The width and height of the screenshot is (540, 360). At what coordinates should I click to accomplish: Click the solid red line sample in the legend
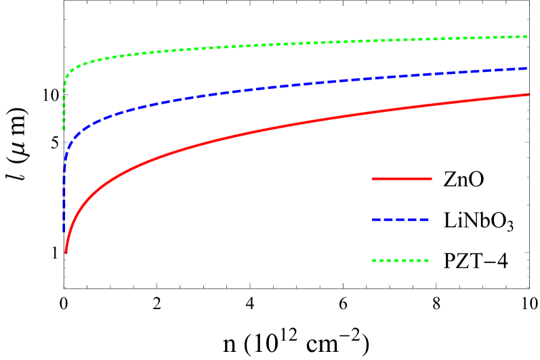402,178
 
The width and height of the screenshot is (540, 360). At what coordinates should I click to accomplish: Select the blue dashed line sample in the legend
400,220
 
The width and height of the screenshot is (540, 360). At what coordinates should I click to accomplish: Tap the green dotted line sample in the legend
400,260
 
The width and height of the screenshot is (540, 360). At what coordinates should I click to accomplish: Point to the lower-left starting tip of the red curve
66,252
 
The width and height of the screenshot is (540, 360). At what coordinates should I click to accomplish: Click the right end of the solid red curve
528,95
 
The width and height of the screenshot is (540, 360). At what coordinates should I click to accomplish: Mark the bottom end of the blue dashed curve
64,231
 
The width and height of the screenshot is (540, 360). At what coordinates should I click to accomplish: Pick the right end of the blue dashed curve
527,68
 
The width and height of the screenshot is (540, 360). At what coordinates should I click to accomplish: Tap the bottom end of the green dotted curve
64,128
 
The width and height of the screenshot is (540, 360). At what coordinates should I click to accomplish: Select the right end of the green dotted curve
526,37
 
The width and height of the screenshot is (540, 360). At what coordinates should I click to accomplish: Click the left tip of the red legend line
373,178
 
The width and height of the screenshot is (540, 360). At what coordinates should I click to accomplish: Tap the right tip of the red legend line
431,178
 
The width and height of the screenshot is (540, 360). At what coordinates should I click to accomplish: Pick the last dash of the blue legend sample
423,220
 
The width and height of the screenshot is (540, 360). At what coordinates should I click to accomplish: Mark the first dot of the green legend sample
375,260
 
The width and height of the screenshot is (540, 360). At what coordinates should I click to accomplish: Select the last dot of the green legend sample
427,260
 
